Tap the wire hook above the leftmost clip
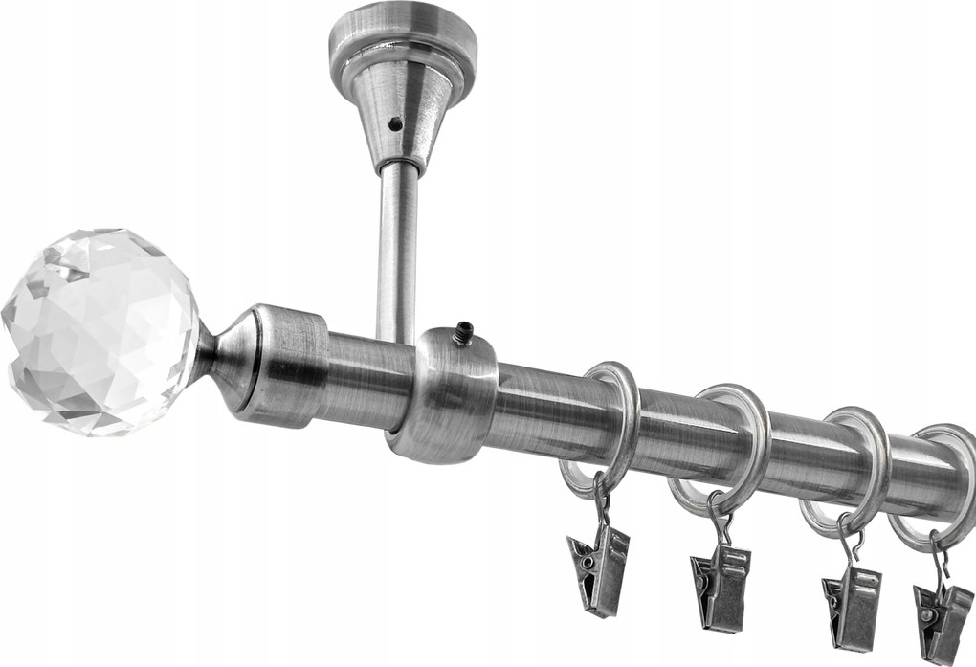point(600,505)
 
